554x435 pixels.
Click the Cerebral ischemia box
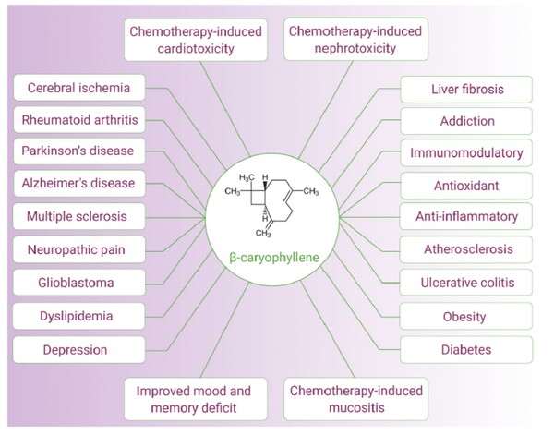[x=78, y=89]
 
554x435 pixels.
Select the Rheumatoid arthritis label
[x=78, y=120]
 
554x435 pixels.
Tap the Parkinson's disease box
[x=78, y=151]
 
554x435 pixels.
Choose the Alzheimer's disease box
[x=78, y=183]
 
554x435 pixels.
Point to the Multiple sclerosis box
[x=78, y=216]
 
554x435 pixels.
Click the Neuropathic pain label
[x=78, y=249]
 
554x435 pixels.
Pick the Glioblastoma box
[x=78, y=283]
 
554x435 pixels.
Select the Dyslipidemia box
[x=78, y=316]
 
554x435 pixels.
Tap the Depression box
[x=78, y=349]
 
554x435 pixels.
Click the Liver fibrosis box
[x=467, y=90]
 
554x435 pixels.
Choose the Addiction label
[x=467, y=121]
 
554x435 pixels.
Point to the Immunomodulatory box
[x=467, y=152]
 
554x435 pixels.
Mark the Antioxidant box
[x=467, y=185]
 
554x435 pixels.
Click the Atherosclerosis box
[x=467, y=249]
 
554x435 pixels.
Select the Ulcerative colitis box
[x=467, y=283]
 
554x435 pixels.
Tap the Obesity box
[x=467, y=317]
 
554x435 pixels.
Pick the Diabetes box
[x=467, y=350]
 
